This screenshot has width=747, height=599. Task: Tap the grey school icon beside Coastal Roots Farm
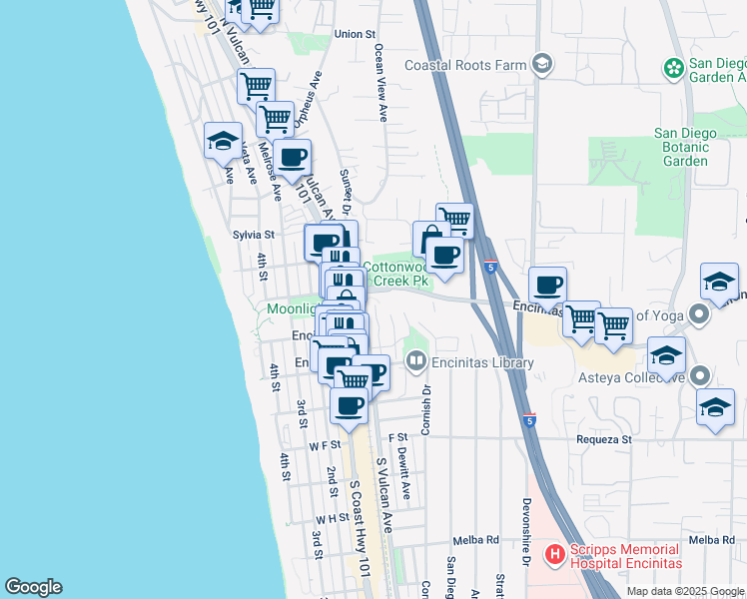pyautogui.click(x=542, y=65)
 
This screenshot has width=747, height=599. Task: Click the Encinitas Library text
pyautogui.click(x=484, y=362)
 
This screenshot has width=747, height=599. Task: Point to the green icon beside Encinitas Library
pyautogui.click(x=416, y=359)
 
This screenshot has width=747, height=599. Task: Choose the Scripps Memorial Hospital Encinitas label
pyautogui.click(x=626, y=556)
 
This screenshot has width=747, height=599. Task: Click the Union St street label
pyautogui.click(x=354, y=34)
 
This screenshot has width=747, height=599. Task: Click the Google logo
pyautogui.click(x=33, y=587)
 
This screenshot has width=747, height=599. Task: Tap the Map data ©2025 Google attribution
pyautogui.click(x=684, y=591)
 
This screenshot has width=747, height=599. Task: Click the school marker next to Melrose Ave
pyautogui.click(x=223, y=141)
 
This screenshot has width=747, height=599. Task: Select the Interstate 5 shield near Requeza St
pyautogui.click(x=529, y=422)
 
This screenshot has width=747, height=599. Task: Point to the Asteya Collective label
pyautogui.click(x=635, y=376)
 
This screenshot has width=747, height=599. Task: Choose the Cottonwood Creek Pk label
pyautogui.click(x=396, y=274)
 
